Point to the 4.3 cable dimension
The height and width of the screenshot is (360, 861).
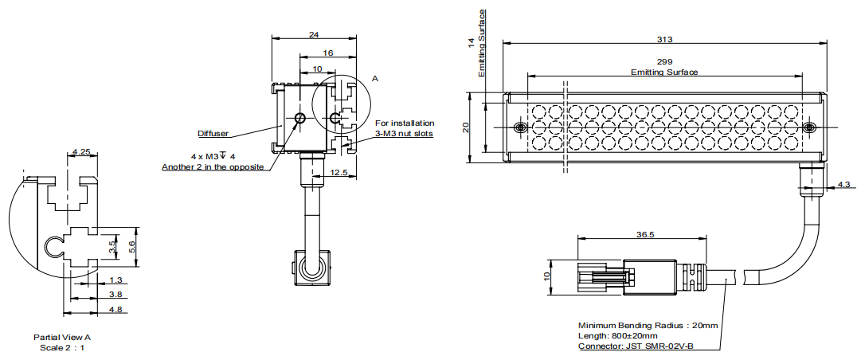coord(843,186)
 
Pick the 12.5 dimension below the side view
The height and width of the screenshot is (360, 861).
coord(340,172)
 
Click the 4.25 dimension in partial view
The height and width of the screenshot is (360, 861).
coord(80,151)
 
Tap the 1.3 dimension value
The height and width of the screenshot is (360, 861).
coord(116,280)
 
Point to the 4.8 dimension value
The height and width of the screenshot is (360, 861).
coord(116,309)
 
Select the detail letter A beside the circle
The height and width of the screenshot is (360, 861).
coord(375,79)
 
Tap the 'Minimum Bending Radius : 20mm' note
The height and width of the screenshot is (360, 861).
coord(648,326)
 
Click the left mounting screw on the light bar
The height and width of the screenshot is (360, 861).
coord(520,129)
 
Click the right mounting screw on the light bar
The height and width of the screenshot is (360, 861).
coord(809,128)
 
